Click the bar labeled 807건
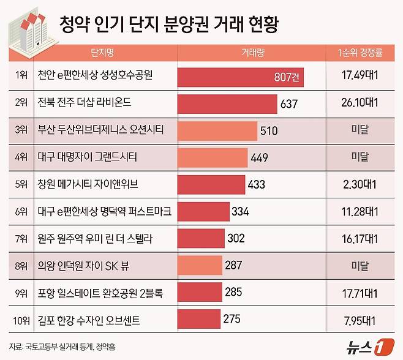pos(240,77)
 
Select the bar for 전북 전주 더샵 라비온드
pos(227,103)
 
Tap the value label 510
pos(269,130)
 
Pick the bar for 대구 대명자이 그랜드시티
pos(213,157)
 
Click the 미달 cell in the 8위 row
pos(364,265)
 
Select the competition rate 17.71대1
pos(364,292)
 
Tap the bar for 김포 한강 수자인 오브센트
pos(197,318)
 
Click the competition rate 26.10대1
pos(364,103)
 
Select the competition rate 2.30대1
pos(364,184)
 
